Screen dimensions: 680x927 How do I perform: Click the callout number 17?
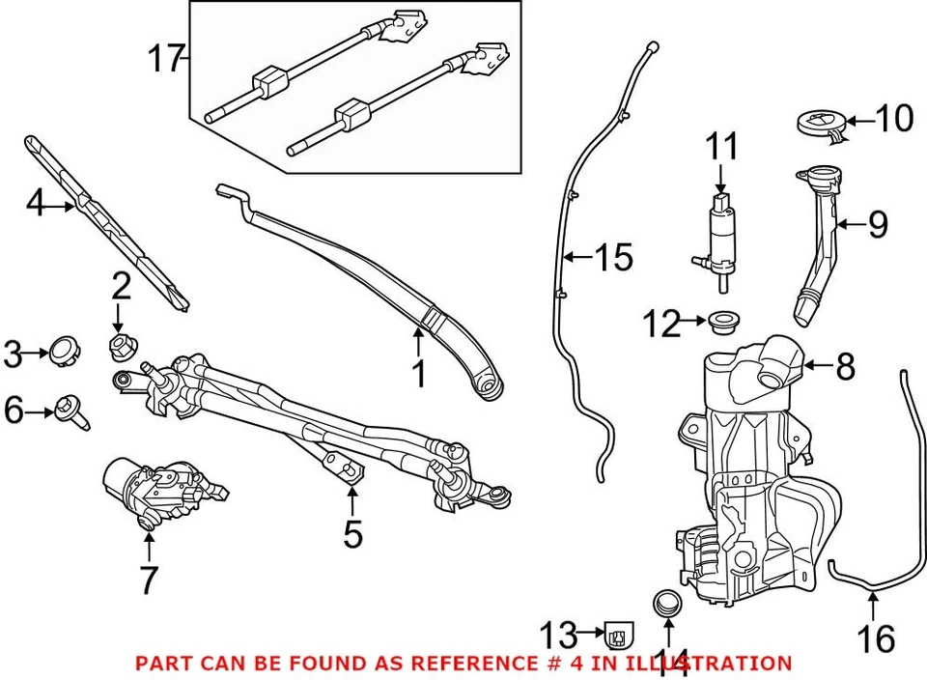[166, 60]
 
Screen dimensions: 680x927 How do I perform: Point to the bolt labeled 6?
[70, 410]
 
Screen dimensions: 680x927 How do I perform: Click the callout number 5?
[352, 532]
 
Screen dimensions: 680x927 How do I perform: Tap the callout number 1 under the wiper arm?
[418, 373]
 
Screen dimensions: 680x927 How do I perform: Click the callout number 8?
[845, 367]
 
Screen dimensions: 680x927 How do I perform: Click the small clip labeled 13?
[618, 636]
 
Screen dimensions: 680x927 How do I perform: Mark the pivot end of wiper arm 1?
[490, 385]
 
